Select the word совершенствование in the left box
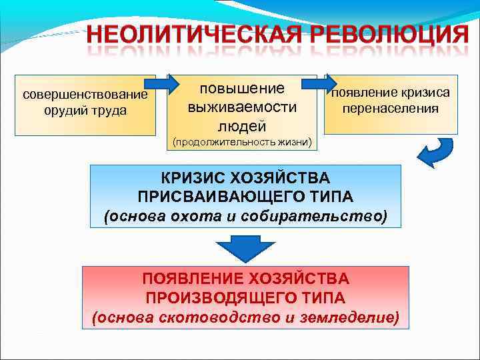(x=85, y=94)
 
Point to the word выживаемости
(x=241, y=107)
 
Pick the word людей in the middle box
(x=241, y=125)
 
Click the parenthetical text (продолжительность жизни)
(x=241, y=143)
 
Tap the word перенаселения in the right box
(x=391, y=108)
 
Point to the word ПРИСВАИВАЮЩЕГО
(x=227, y=197)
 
